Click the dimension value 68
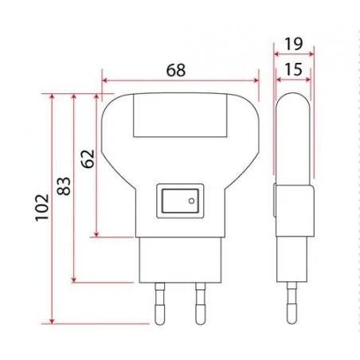point(176,69)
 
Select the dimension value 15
point(292,69)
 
